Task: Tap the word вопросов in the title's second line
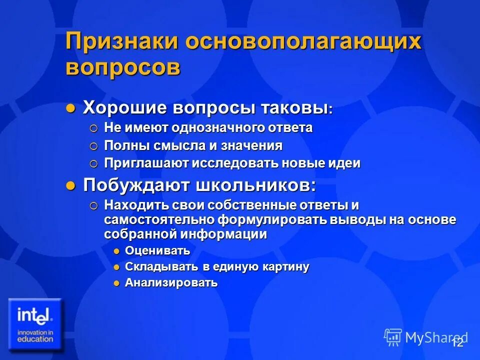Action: [122, 67]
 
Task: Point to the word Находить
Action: [129, 205]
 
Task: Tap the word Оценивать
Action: [157, 250]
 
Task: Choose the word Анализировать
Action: [171, 282]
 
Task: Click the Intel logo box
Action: [34, 324]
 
